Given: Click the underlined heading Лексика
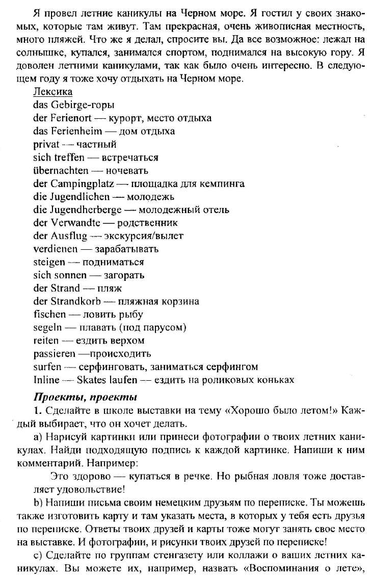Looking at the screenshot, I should (52, 92).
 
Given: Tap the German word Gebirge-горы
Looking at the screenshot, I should (82, 106).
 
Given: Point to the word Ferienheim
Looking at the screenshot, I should (75, 132).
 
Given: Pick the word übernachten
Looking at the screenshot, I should (61, 171).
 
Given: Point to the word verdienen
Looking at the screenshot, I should (56, 249).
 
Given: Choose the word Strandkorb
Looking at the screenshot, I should (76, 301).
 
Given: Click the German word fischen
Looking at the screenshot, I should (49, 314).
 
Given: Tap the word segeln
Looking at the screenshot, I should (48, 328).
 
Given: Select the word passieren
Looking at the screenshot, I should (56, 354).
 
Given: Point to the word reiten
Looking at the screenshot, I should (46, 340).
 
